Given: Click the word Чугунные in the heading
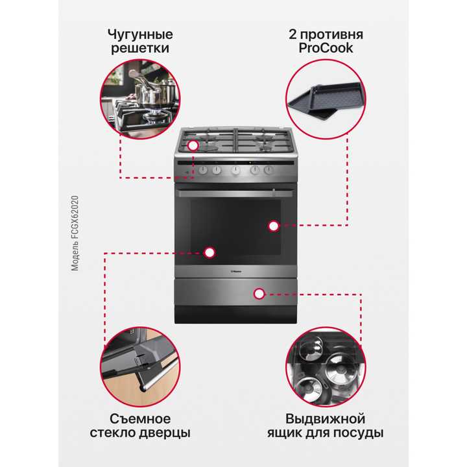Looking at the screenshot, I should click(x=140, y=34).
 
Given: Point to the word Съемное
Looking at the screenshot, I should click(x=140, y=418).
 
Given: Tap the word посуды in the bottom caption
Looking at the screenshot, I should click(x=361, y=433).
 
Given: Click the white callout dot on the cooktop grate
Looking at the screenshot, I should click(x=193, y=147).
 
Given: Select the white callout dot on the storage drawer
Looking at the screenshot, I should click(x=259, y=293).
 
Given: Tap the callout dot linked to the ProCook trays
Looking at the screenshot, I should click(x=273, y=226).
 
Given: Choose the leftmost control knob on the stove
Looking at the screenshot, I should click(x=202, y=170).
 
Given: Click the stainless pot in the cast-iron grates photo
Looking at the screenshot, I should click(x=151, y=95).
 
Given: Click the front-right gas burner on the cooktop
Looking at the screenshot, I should click(x=267, y=144).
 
